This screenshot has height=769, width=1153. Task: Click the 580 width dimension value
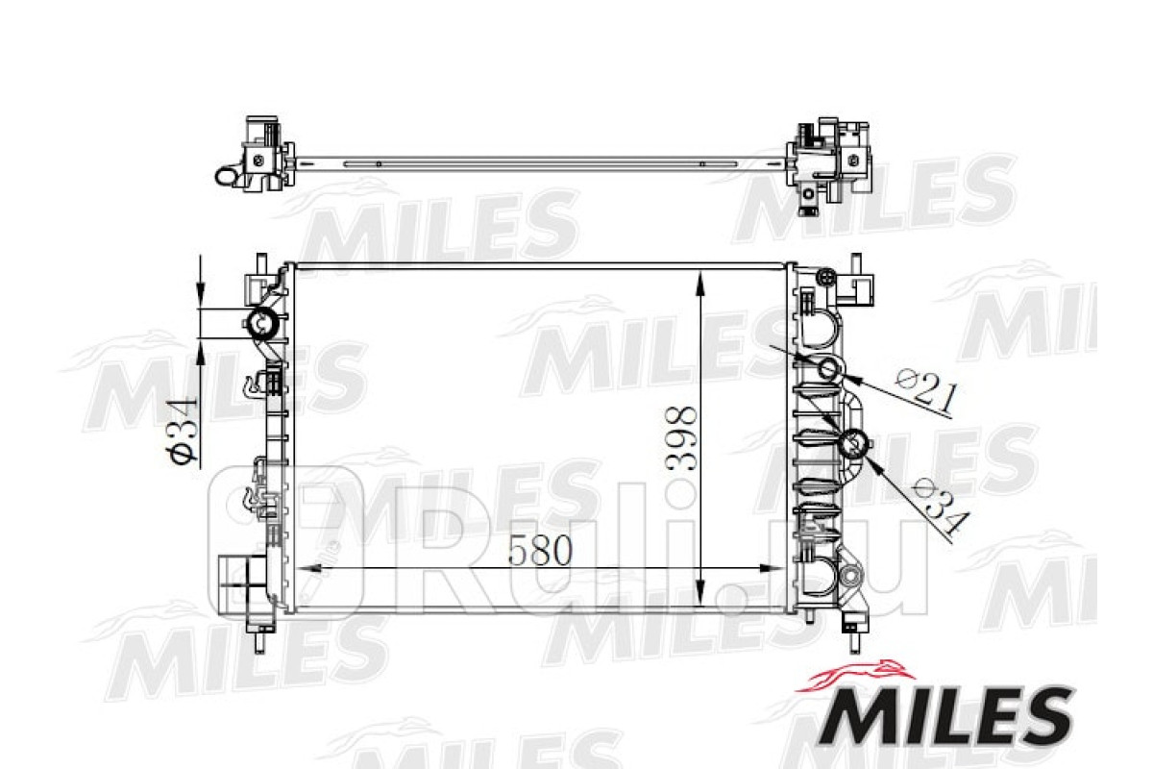pos(540,550)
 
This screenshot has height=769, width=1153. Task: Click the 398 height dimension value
pos(681,439)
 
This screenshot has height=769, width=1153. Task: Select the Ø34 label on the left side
pos(182,430)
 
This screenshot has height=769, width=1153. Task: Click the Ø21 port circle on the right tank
pos(827,368)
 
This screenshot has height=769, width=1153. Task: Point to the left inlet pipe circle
pos(263,323)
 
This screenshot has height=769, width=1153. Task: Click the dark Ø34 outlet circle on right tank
pos(853,443)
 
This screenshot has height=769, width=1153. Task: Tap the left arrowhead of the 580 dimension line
pos(309,569)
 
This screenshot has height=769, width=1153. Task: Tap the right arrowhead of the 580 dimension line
pos(773,569)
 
